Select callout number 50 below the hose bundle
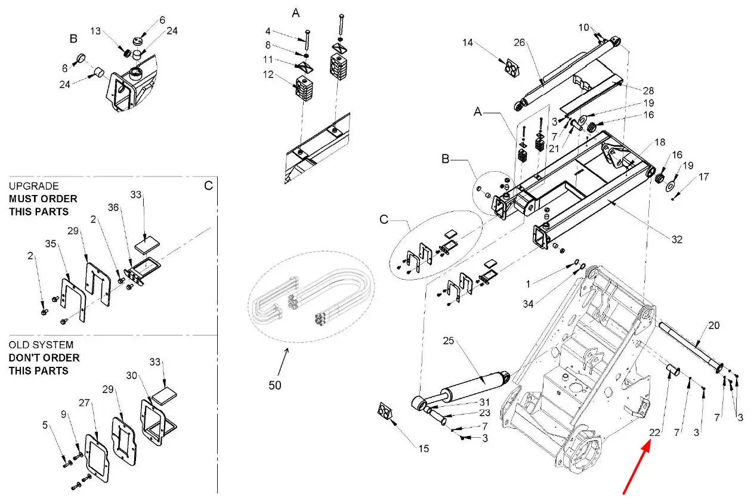click(274, 385)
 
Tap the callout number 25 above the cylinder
click(449, 341)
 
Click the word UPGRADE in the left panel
click(33, 186)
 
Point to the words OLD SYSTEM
click(41, 345)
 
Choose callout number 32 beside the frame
click(677, 240)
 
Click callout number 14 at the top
click(468, 43)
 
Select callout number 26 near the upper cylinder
click(520, 42)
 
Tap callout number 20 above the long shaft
click(713, 326)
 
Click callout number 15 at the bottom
click(424, 449)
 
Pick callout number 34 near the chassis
click(528, 304)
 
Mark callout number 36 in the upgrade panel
click(113, 208)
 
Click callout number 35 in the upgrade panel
click(51, 243)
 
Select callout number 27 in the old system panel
click(84, 403)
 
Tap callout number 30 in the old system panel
click(132, 376)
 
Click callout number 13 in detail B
click(95, 31)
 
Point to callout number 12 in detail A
click(268, 75)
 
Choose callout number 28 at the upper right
click(648, 91)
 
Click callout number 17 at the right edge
click(703, 177)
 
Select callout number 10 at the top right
click(583, 27)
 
